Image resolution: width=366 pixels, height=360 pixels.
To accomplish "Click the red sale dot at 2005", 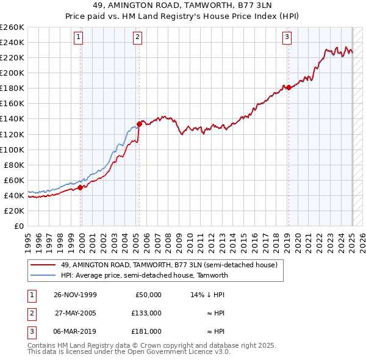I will pyautogui.click(x=139, y=124).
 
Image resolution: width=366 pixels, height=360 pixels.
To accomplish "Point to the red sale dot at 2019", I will pyautogui.click(x=288, y=87).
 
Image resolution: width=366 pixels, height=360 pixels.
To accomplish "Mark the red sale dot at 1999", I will pyautogui.click(x=81, y=187).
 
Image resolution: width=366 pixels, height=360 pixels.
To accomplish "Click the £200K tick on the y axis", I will pyautogui.click(x=13, y=73).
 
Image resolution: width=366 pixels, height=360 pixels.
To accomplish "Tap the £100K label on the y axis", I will pyautogui.click(x=13, y=149).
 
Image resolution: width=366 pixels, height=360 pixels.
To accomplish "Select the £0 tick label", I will pyautogui.click(x=18, y=226).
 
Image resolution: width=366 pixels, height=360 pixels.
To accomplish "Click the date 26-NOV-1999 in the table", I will pyautogui.click(x=76, y=294).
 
